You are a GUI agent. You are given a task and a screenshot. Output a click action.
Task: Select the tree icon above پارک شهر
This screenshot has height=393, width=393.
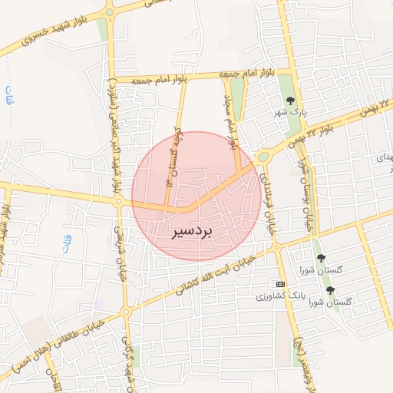(290, 100)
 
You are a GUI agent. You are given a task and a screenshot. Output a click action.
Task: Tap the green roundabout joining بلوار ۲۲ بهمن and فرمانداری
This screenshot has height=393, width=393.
(263, 157)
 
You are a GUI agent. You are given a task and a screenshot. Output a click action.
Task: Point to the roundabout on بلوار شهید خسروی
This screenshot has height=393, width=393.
(109, 12)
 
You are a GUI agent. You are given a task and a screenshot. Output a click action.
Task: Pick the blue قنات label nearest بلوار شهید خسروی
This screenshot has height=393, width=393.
(9, 97)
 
